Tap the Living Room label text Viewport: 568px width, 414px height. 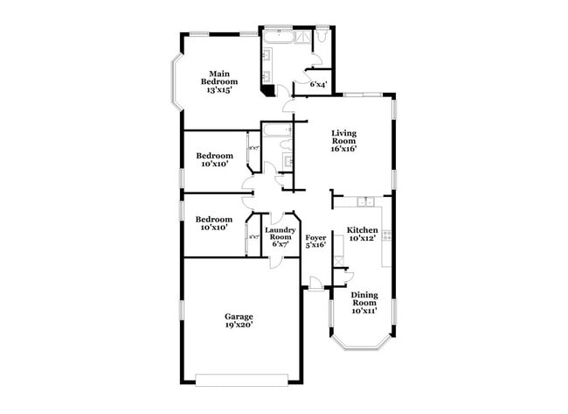click(x=343, y=137)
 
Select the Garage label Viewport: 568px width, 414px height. click(x=239, y=317)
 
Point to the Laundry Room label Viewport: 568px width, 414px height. click(x=281, y=234)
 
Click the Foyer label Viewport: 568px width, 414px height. click(x=315, y=237)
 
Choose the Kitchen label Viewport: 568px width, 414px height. click(x=363, y=229)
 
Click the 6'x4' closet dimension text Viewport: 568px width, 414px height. click(x=319, y=85)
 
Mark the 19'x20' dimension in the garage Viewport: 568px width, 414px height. click(x=239, y=326)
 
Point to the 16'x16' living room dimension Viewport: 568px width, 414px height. click(x=343, y=148)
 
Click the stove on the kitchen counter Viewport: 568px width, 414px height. click(x=385, y=235)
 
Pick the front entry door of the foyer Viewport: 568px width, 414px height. click(x=315, y=282)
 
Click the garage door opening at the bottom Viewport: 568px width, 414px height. click(x=241, y=379)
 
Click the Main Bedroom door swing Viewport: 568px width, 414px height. click(x=287, y=107)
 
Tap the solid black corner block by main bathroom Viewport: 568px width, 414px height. click(x=267, y=88)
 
